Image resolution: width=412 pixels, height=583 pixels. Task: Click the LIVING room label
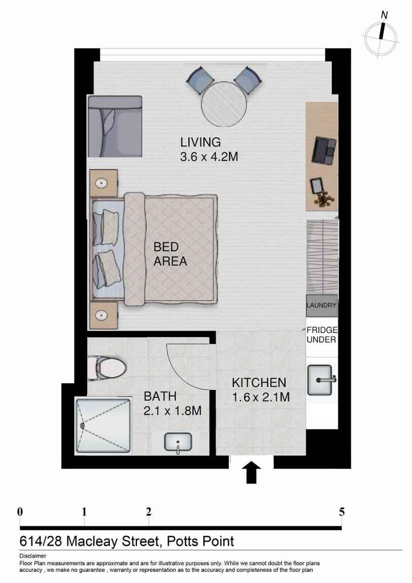point(200,142)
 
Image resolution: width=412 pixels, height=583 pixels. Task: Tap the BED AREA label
point(170,254)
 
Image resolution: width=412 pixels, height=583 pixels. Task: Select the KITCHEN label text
point(259,383)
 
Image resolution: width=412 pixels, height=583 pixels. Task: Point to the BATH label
point(160,396)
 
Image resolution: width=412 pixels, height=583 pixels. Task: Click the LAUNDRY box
point(322,305)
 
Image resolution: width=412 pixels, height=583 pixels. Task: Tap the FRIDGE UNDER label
point(322,335)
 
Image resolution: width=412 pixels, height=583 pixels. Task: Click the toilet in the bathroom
point(107,368)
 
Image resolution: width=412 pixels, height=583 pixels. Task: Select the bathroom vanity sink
point(178,443)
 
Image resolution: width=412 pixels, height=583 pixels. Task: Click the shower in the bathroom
point(103,425)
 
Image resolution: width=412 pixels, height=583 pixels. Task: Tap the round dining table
point(224,104)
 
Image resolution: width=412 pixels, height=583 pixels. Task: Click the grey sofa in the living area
point(115,126)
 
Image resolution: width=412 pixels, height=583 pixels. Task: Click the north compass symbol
point(381,36)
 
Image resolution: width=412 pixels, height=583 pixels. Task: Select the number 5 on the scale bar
point(342,512)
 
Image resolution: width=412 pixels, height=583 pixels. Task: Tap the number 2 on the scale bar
point(148,512)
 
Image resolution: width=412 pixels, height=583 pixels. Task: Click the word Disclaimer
point(33,556)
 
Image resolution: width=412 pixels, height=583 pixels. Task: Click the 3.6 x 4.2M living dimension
point(209,157)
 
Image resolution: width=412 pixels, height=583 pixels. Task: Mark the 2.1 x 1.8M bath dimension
point(172,411)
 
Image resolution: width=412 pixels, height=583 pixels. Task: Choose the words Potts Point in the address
point(201,541)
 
